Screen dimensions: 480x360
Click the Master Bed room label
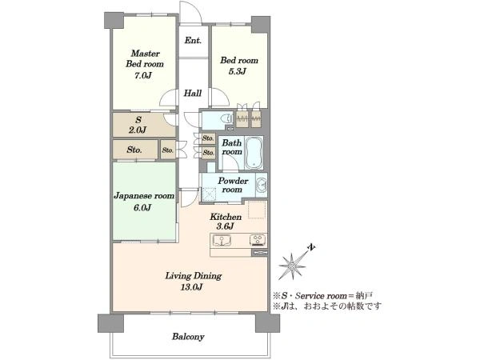pyautogui.click(x=145, y=58)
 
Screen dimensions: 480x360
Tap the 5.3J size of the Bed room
pyautogui.click(x=238, y=72)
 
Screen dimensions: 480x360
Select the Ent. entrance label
pyautogui.click(x=193, y=41)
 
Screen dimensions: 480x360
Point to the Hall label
pyautogui.click(x=193, y=93)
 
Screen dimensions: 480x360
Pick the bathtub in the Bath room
pyautogui.click(x=254, y=153)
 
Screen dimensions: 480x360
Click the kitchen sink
pyautogui.click(x=222, y=241)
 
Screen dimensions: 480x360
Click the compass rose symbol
pyautogui.click(x=292, y=266)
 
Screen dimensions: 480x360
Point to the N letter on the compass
pyautogui.click(x=312, y=247)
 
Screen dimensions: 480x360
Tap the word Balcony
pyautogui.click(x=188, y=337)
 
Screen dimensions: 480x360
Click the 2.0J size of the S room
pyautogui.click(x=138, y=130)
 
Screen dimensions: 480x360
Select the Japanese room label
pyautogui.click(x=144, y=196)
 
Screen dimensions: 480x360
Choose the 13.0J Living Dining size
pyautogui.click(x=192, y=287)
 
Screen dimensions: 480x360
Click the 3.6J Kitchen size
pyautogui.click(x=226, y=226)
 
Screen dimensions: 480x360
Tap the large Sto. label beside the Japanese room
pyautogui.click(x=134, y=150)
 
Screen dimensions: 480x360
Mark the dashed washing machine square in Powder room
pyautogui.click(x=209, y=194)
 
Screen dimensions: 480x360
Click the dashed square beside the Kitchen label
pyautogui.click(x=257, y=210)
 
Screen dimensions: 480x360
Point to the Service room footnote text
pyautogui.click(x=322, y=296)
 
